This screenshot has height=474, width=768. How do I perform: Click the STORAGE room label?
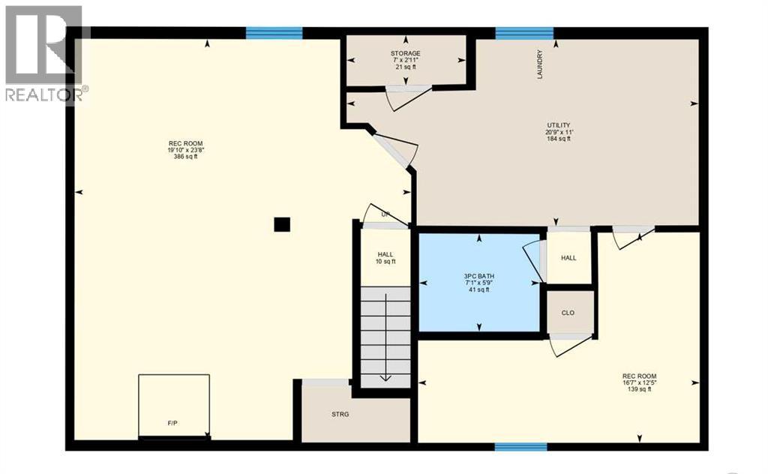tap(405, 53)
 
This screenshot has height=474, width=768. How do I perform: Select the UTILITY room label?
tap(559, 124)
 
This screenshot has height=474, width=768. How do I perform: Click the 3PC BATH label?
tap(478, 276)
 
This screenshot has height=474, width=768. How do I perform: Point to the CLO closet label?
tap(568, 313)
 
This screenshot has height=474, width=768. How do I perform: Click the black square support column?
tap(281, 224)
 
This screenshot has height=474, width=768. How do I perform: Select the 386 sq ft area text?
tap(185, 157)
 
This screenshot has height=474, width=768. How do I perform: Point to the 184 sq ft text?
tap(559, 139)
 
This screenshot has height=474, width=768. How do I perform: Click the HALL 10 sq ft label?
tap(385, 257)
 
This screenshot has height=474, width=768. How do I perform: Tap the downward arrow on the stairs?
tap(385, 375)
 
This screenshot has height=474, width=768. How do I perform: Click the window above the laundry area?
tap(524, 32)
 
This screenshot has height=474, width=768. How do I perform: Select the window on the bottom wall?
tap(521, 447)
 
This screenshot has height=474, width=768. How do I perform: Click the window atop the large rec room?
tap(274, 32)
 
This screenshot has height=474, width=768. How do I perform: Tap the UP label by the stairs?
tap(385, 214)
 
